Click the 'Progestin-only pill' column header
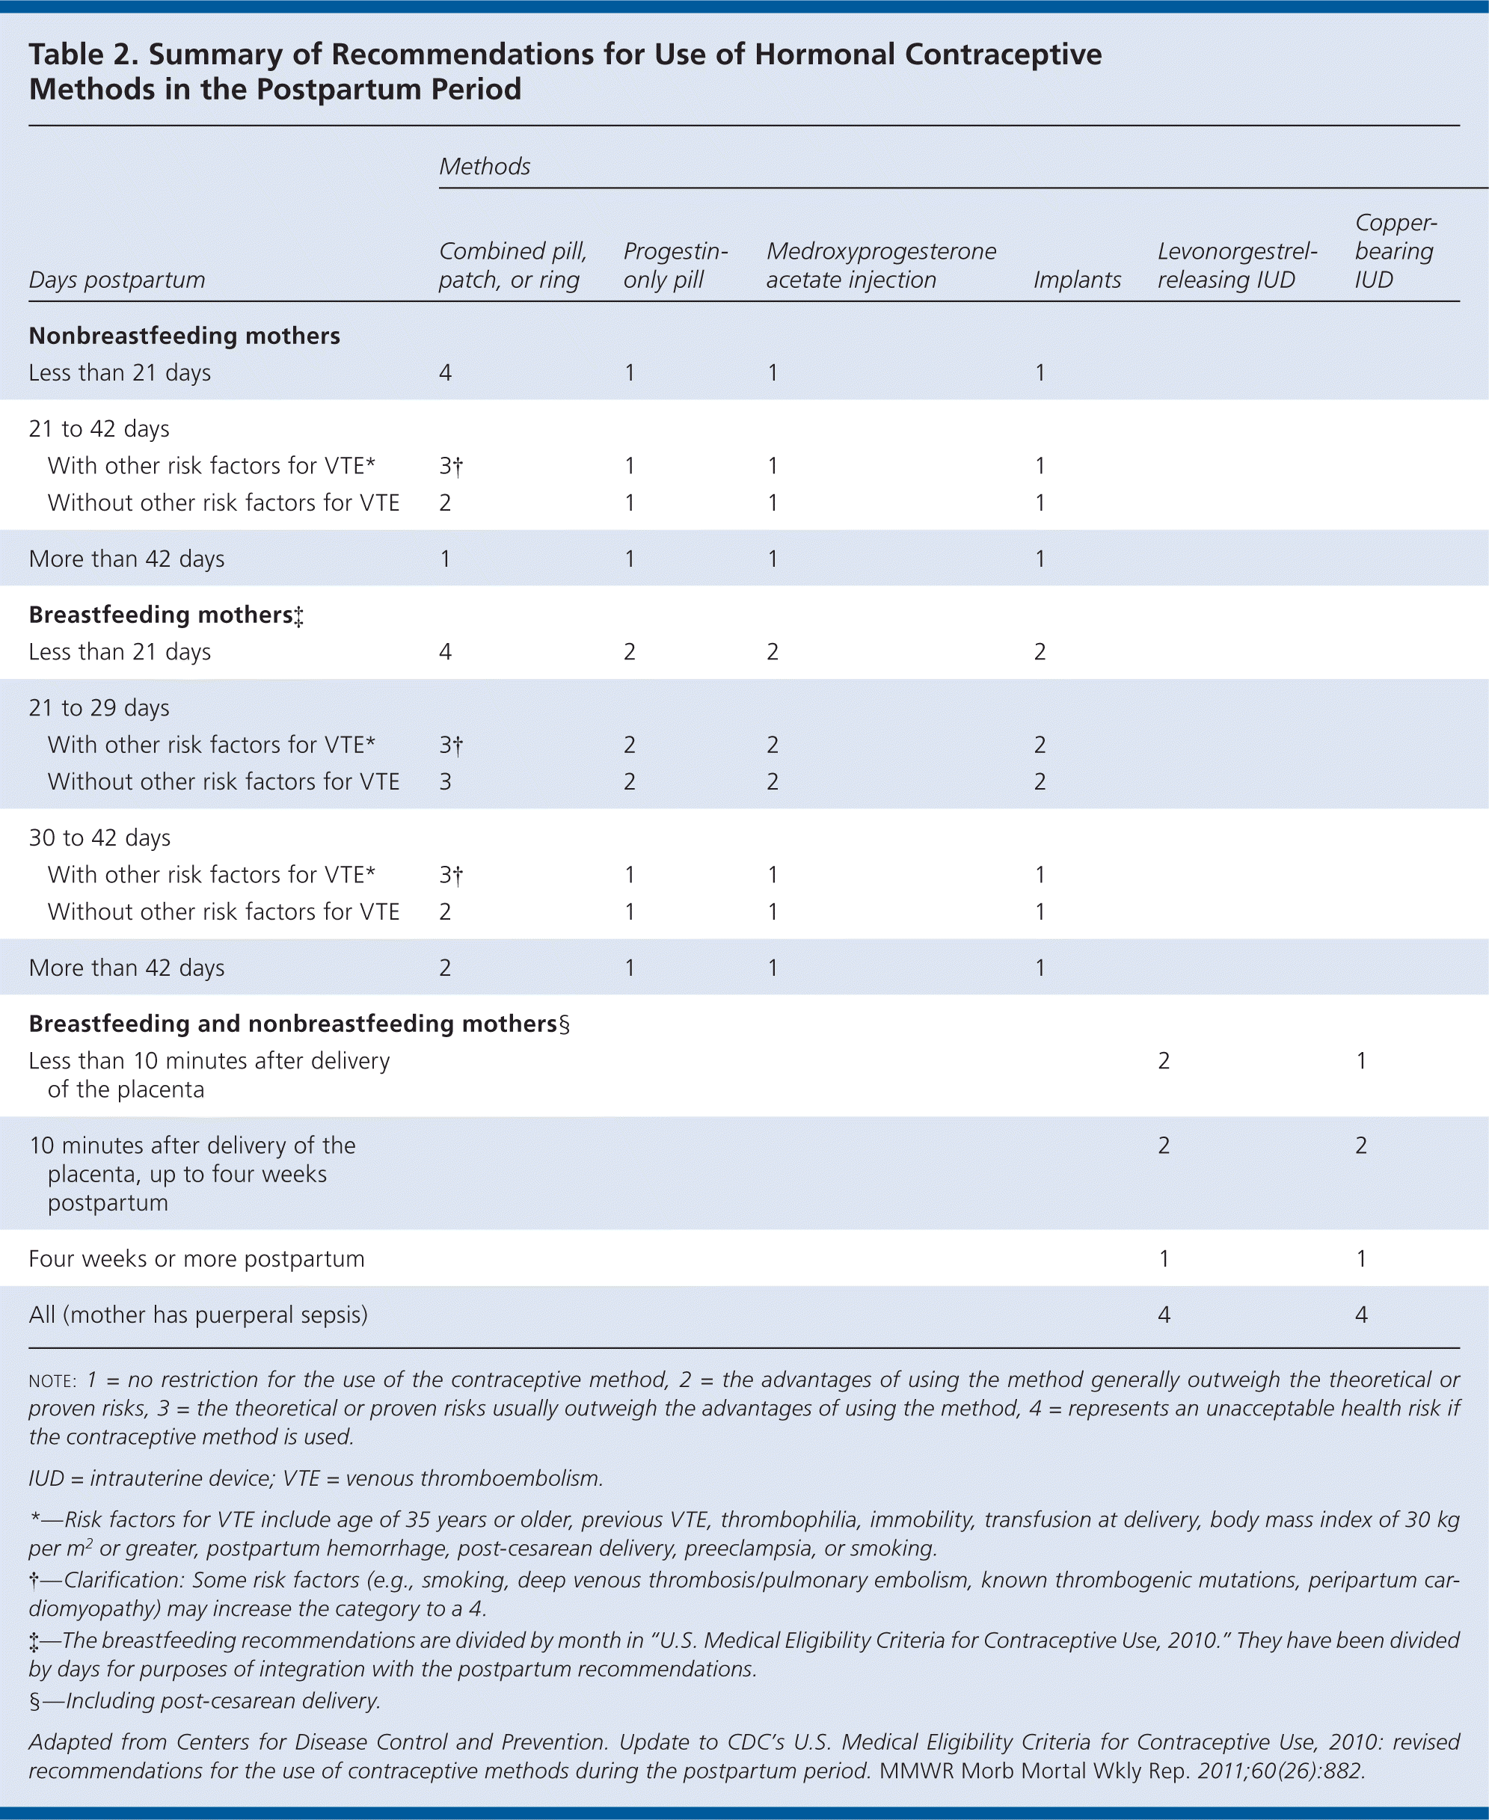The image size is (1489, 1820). point(675,265)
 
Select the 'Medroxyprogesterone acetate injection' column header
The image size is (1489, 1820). point(881,265)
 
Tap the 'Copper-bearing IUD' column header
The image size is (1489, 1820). point(1395,251)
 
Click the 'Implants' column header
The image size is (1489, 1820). point(1076,280)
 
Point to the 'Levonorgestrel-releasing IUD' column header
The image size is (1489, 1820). point(1236,265)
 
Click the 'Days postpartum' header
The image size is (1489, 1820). point(117,280)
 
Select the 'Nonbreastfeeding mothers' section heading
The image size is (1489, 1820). point(185,335)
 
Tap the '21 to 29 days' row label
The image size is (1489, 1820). point(99,707)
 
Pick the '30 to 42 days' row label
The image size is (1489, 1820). point(99,837)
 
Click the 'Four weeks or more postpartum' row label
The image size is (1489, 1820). point(197,1258)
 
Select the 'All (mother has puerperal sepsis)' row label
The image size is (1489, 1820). point(198,1314)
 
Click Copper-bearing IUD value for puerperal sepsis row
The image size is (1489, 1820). point(1361,1314)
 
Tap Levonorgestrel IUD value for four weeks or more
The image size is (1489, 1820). point(1164,1258)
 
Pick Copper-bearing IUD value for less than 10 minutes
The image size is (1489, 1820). point(1361,1061)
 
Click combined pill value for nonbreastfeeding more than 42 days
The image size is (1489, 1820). point(445,559)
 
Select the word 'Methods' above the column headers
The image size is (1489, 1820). point(485,167)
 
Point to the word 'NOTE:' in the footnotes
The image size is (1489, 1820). point(53,1381)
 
